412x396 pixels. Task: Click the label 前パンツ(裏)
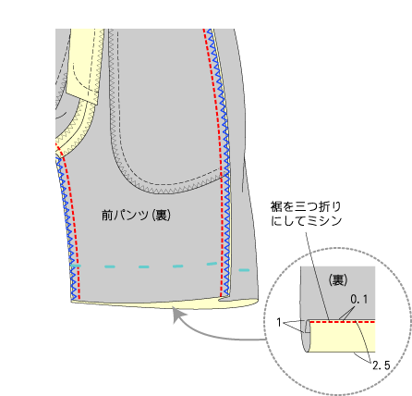[136, 215]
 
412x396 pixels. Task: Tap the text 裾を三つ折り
[306, 206]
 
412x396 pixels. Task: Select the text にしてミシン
[307, 220]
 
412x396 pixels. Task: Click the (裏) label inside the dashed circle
[337, 280]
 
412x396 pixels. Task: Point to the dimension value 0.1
[359, 299]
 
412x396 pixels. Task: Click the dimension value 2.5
[382, 365]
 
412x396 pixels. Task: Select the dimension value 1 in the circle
[279, 323]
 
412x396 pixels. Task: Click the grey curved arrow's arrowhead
[178, 314]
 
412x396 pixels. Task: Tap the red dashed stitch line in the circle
[343, 322]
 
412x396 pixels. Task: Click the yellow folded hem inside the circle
[342, 337]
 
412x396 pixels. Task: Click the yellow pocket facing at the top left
[86, 65]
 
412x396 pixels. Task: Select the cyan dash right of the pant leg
[244, 270]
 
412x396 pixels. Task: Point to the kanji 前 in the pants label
[107, 215]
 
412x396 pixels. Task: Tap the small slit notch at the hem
[224, 298]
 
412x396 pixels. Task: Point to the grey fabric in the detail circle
[337, 293]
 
